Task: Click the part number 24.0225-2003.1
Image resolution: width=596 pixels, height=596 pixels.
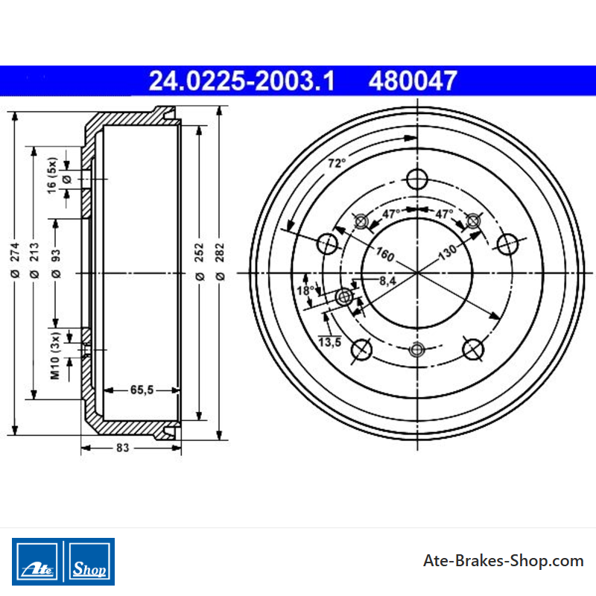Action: tap(241, 80)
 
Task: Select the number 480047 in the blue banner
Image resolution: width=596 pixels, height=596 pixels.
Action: tap(413, 80)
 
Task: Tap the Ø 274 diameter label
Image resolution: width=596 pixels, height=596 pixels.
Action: tap(15, 260)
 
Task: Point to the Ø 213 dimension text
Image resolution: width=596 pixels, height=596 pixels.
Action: tap(34, 260)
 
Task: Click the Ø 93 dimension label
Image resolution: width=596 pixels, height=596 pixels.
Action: tap(56, 264)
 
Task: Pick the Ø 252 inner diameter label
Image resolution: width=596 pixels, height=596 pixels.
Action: tap(200, 262)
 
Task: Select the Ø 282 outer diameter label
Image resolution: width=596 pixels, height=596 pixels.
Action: tap(220, 262)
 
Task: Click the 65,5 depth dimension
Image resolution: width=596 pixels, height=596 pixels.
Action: tap(142, 390)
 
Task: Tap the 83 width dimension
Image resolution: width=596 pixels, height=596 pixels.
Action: tap(122, 448)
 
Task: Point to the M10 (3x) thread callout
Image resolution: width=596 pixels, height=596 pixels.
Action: tap(55, 356)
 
